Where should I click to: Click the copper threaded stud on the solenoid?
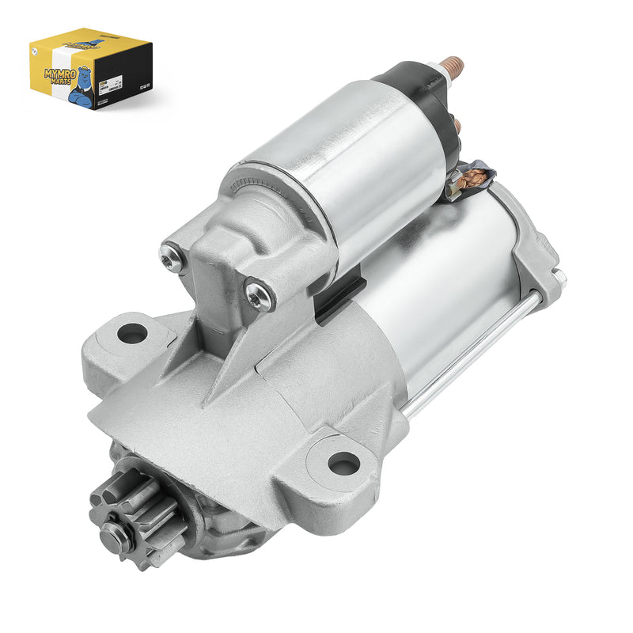pos(453,66)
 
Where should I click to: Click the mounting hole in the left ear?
pos(131,333)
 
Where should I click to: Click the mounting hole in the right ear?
pos(343,463)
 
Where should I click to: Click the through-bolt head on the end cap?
pos(559,276)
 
